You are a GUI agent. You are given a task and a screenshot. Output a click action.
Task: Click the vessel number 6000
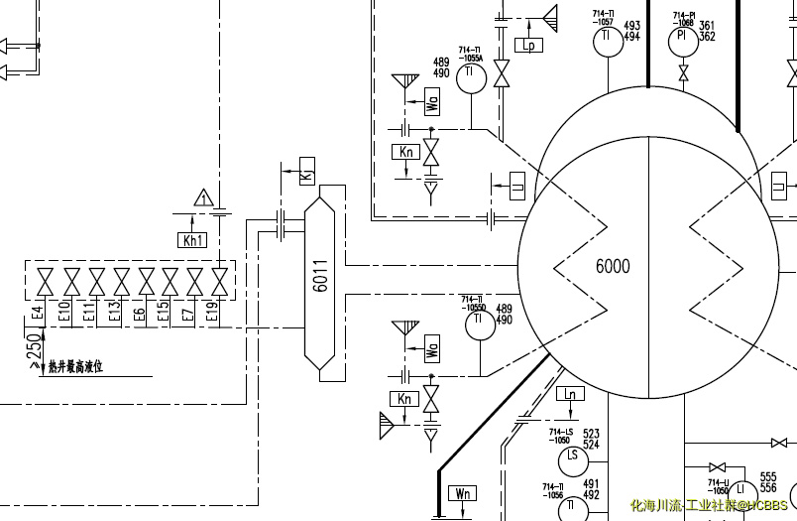click(613, 266)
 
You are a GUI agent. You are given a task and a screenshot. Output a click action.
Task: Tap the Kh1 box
click(193, 240)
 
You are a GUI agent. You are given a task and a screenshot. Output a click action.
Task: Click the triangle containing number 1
click(203, 198)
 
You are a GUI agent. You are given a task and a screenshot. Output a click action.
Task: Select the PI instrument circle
click(681, 39)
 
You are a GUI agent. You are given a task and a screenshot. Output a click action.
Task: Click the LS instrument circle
click(571, 457)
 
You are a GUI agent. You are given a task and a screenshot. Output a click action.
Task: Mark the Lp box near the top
click(528, 45)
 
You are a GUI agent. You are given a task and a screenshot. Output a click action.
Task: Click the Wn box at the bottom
click(462, 493)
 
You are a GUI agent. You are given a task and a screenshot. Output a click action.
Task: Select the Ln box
click(569, 394)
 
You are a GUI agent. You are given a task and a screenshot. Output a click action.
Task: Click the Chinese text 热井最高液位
click(75, 367)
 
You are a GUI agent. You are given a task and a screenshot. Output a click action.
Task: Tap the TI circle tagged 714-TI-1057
click(606, 40)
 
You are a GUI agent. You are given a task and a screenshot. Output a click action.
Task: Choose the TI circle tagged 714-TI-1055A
click(471, 80)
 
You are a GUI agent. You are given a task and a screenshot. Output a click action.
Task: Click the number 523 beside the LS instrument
click(592, 434)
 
